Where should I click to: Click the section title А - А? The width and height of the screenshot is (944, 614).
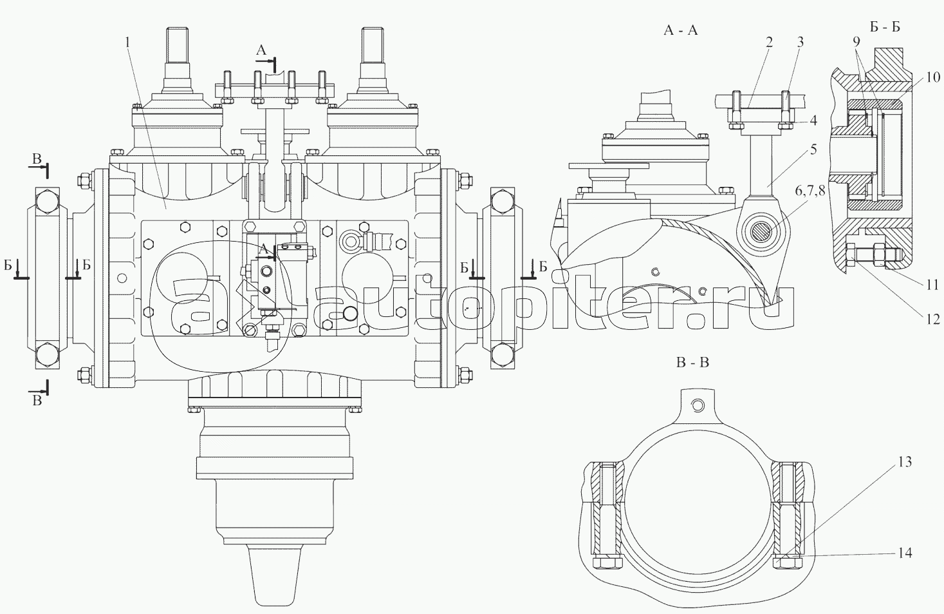681,30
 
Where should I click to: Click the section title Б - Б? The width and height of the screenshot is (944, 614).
885,28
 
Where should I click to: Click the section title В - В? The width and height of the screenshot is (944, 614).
693,363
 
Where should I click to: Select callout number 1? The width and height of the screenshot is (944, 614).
127,42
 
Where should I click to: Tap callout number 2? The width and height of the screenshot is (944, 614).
770,42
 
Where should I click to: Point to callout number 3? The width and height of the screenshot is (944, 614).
800,42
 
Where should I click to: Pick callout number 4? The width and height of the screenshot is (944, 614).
813,120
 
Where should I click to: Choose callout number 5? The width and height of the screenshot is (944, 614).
813,149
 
